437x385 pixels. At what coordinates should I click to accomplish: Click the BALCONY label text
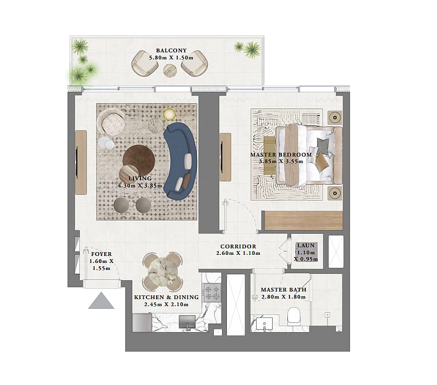tap(171, 50)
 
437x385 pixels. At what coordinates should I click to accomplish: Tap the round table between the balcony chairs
tap(170, 70)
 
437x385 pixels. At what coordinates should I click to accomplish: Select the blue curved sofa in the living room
tap(180, 161)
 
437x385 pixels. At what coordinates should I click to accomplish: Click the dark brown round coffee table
tap(139, 160)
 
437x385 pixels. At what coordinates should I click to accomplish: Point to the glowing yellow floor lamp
tap(169, 114)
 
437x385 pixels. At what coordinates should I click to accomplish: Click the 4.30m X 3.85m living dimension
tap(140, 185)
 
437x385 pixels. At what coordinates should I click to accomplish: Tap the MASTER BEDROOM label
tap(281, 154)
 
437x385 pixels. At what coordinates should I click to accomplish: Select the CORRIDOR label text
tap(238, 247)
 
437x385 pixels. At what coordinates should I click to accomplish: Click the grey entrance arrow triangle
tap(101, 300)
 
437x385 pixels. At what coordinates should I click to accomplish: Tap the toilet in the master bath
tap(293, 316)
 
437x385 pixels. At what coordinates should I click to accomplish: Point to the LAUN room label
tap(306, 246)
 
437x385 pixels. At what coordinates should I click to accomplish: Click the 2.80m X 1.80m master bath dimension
tap(284, 296)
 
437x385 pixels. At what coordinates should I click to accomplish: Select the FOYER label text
tap(102, 254)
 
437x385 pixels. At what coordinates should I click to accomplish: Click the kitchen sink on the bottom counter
tap(187, 322)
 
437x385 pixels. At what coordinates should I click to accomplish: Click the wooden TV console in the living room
tap(81, 163)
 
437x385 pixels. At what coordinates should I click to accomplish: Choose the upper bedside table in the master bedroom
tap(335, 118)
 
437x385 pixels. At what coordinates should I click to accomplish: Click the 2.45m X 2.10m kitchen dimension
tap(166, 305)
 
